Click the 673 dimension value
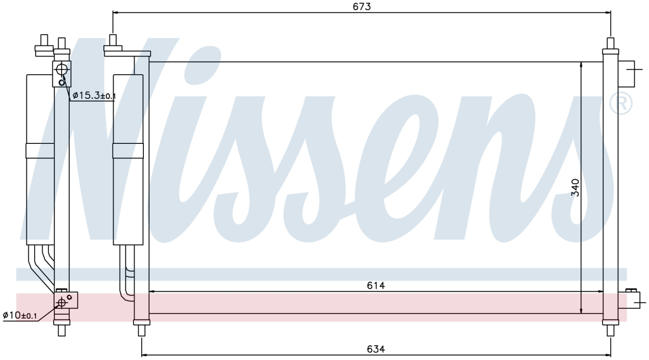pyautogui.click(x=362, y=6)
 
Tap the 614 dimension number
pyautogui.click(x=376, y=285)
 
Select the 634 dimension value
pyautogui.click(x=376, y=349)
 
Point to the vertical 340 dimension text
pyautogui.click(x=575, y=188)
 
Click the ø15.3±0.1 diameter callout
pyautogui.click(x=94, y=96)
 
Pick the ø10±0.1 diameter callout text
pyautogui.click(x=20, y=315)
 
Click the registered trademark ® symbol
pyautogui.click(x=621, y=103)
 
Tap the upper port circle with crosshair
pyautogui.click(x=61, y=69)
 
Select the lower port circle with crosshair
pyautogui.click(x=61, y=303)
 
